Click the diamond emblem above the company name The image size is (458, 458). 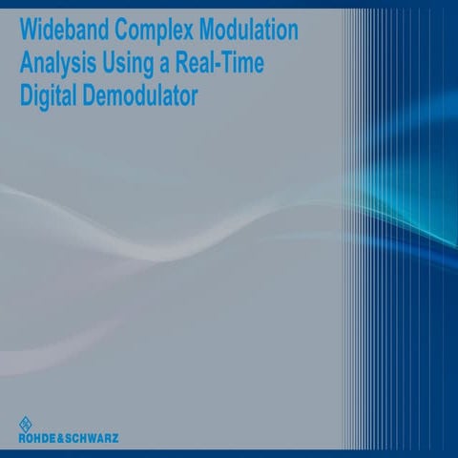pos(25,425)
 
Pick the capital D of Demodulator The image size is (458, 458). pos(93,96)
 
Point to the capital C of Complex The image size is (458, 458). pos(115,30)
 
